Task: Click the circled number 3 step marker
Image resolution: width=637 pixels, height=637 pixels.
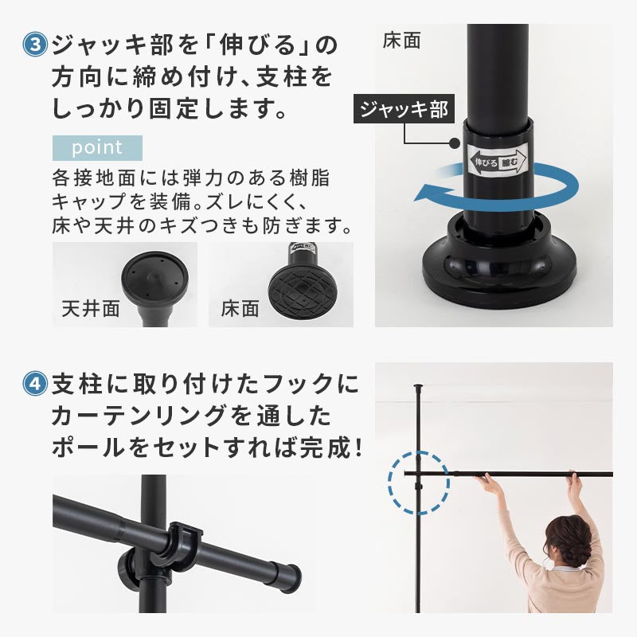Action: (x=35, y=45)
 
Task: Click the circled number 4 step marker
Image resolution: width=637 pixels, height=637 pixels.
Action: (x=35, y=384)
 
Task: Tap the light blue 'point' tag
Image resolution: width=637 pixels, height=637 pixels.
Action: (x=97, y=148)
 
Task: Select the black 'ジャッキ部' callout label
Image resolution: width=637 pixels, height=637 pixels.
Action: (x=404, y=109)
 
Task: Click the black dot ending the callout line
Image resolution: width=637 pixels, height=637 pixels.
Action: (x=455, y=143)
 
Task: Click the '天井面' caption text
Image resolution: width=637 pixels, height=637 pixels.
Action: (x=91, y=308)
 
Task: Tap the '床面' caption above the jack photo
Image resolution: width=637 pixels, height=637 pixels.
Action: (x=401, y=41)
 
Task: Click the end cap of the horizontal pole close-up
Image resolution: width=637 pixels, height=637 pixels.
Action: (x=293, y=573)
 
